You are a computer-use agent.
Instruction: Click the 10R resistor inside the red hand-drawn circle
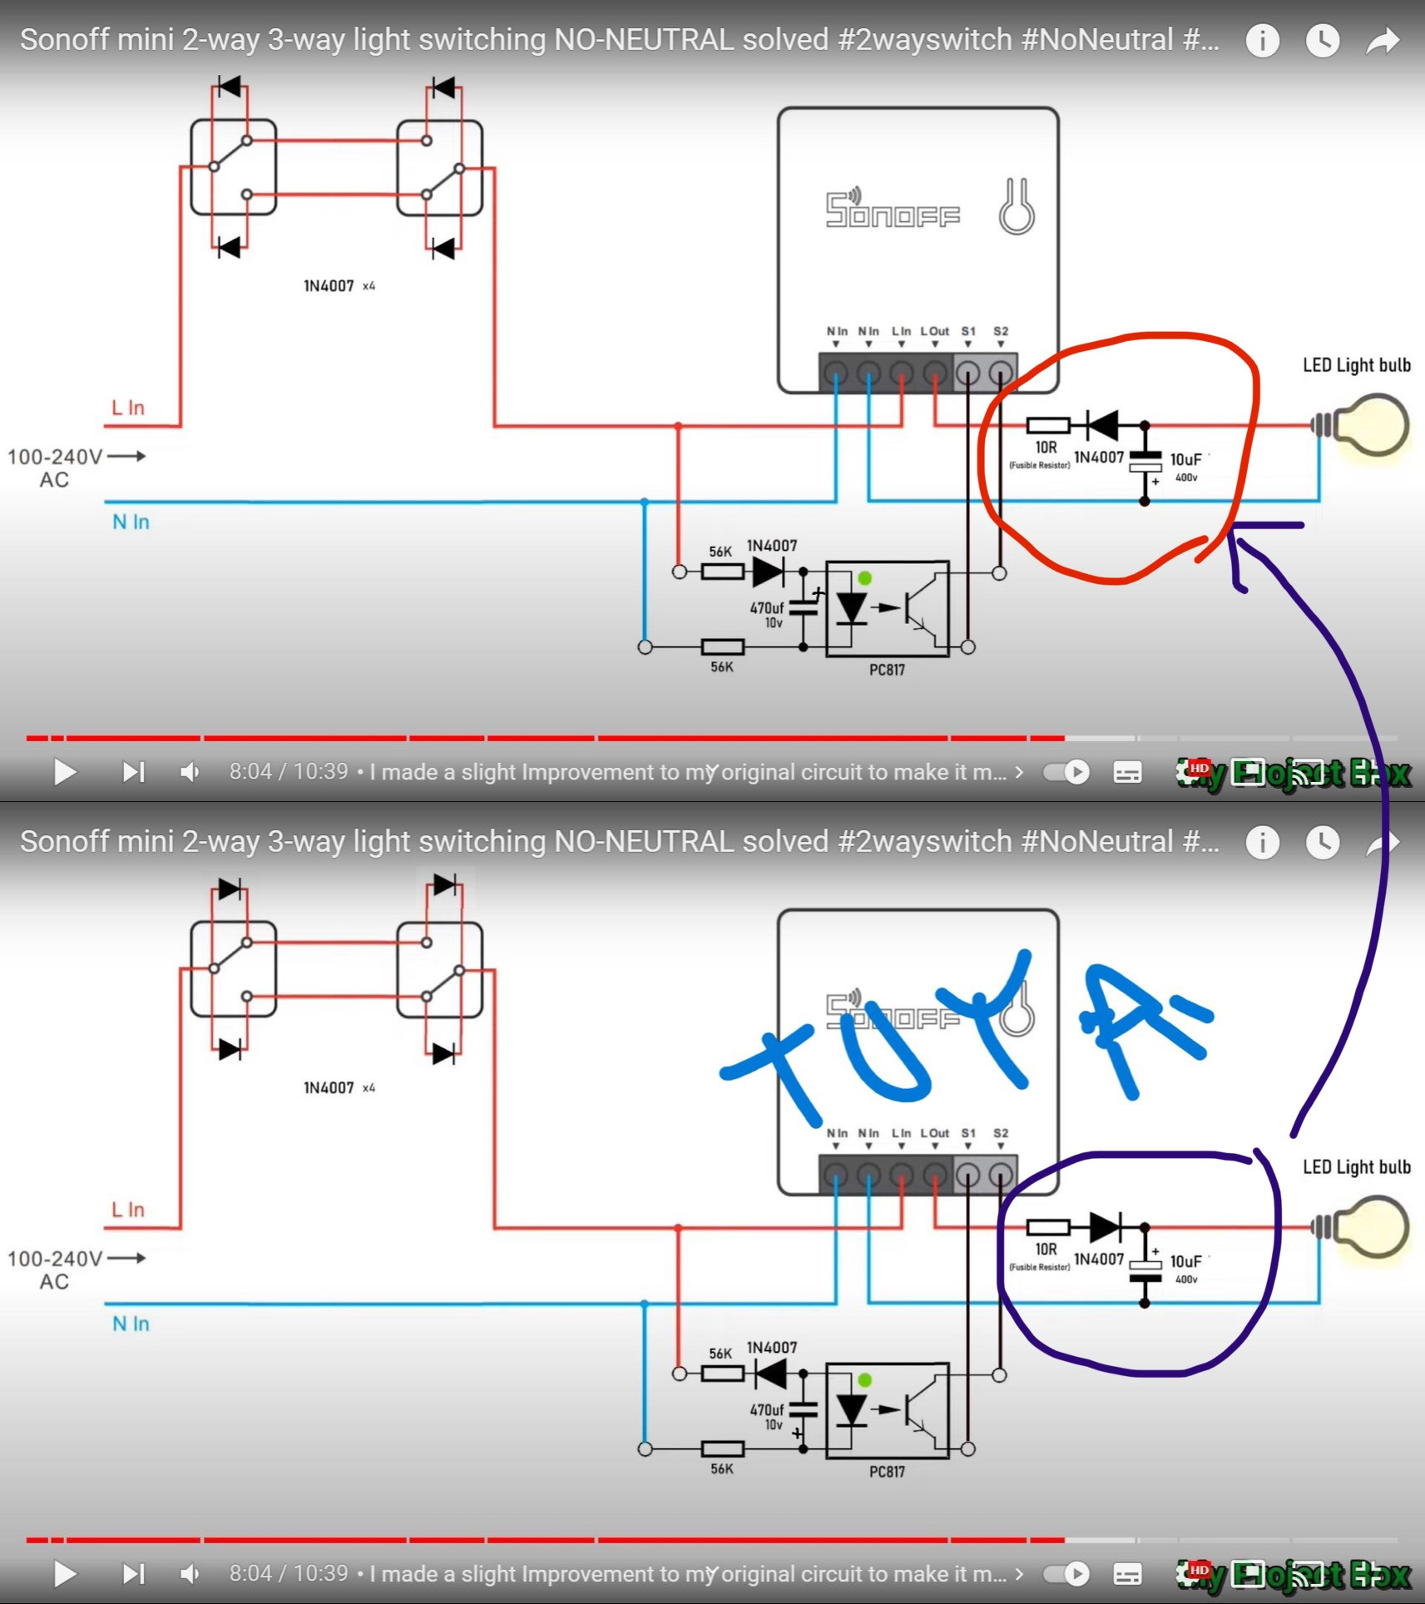tap(1047, 426)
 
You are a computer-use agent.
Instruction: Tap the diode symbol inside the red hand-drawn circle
tap(1103, 425)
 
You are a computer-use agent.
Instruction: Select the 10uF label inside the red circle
tap(1185, 459)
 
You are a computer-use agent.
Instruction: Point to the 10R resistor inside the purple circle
tap(1047, 1227)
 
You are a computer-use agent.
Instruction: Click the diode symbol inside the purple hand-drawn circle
tap(1105, 1226)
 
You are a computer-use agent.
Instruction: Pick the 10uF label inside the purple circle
tap(1185, 1261)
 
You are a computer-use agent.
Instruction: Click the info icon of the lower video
tap(1262, 842)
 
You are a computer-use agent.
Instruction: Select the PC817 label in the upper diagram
tap(887, 670)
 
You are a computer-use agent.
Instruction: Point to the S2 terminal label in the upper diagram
tap(1001, 331)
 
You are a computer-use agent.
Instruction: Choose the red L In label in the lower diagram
tap(128, 1210)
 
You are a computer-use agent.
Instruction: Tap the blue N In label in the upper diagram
tap(131, 522)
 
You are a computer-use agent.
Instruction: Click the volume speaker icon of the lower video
tap(190, 1574)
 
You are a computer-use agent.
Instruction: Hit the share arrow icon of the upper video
tap(1383, 40)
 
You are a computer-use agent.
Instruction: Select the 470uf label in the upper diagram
tap(766, 608)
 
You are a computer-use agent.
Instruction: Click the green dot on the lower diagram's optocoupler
tap(864, 1380)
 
